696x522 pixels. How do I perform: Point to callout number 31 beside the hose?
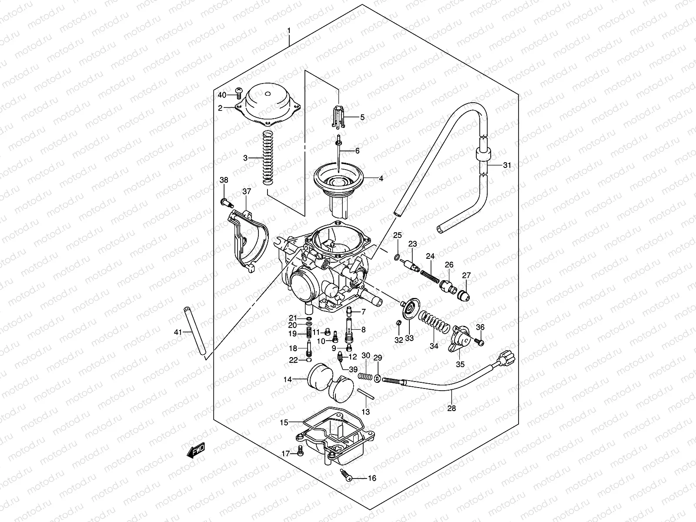click(x=507, y=165)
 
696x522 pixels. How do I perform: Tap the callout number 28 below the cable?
click(x=452, y=408)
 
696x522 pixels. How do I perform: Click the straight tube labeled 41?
click(x=195, y=332)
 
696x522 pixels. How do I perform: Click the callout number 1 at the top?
click(x=288, y=31)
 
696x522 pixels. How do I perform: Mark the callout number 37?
click(x=247, y=192)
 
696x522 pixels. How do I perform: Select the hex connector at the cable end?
click(x=507, y=359)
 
